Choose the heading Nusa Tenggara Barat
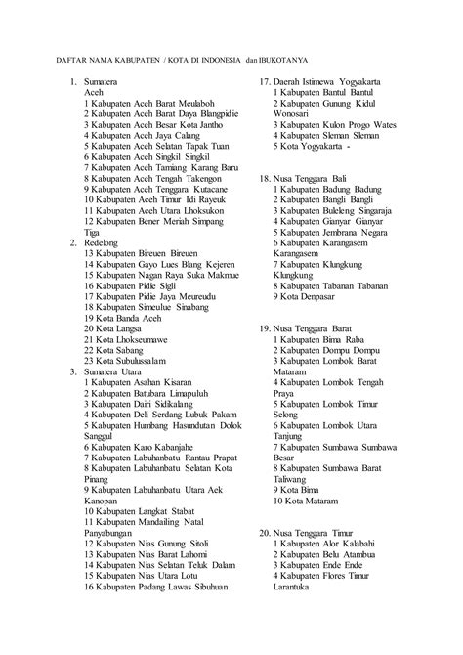tap(326, 328)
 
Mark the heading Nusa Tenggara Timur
tap(326, 534)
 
